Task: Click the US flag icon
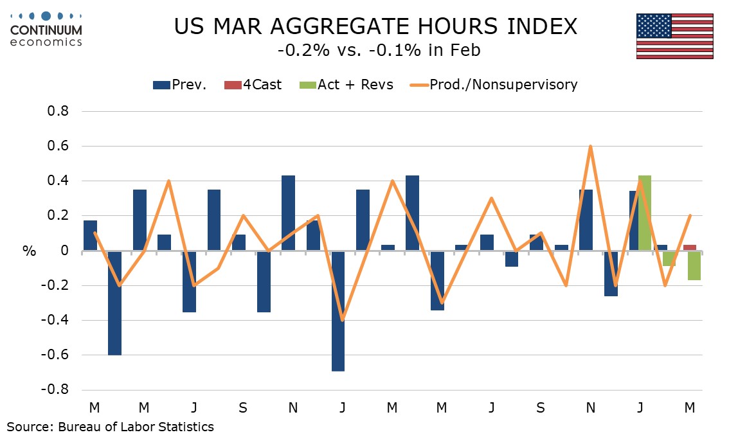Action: [x=674, y=35]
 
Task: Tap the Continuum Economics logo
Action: [x=46, y=29]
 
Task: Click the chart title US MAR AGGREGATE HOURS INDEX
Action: [x=376, y=26]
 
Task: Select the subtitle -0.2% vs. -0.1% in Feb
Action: [x=376, y=51]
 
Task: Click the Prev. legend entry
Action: [x=179, y=84]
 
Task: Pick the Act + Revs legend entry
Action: [x=347, y=84]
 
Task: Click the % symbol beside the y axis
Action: [x=30, y=251]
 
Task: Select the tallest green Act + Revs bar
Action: [x=645, y=213]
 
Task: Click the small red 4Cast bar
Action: [x=689, y=247]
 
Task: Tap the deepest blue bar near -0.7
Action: [x=338, y=311]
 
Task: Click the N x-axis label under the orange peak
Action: [x=590, y=407]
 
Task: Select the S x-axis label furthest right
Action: [x=541, y=407]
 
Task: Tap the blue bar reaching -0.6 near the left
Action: [x=115, y=303]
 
